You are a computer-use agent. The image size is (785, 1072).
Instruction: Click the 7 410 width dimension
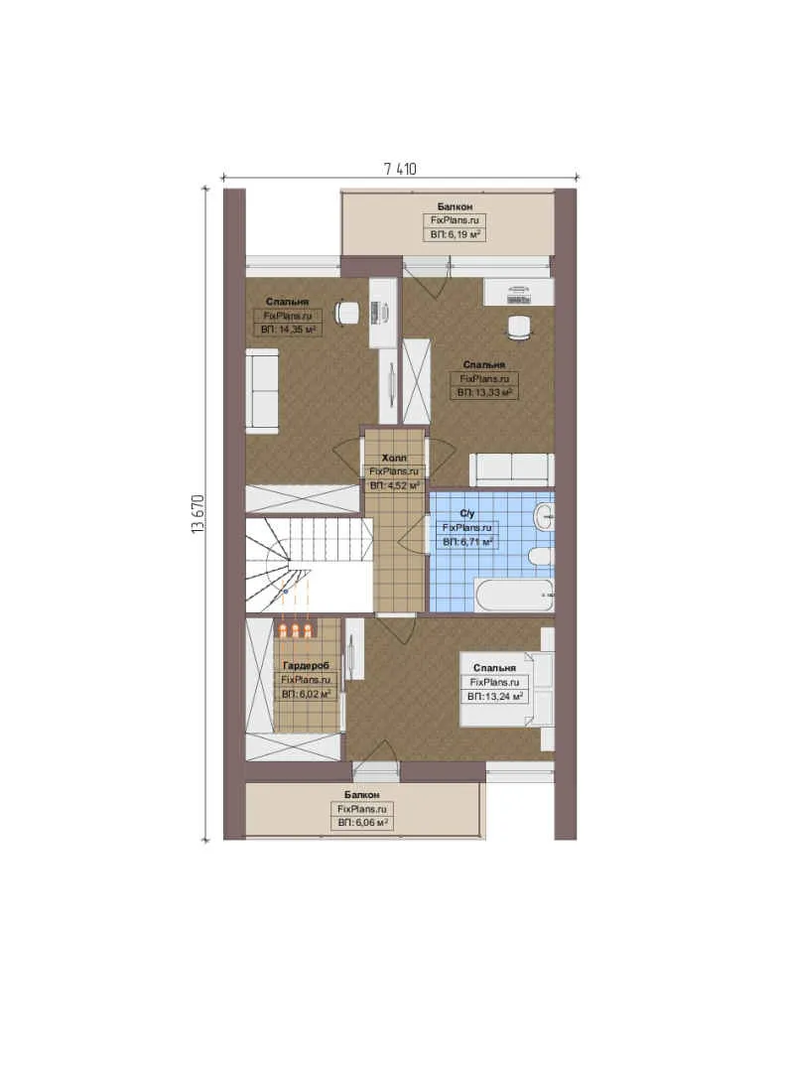point(400,169)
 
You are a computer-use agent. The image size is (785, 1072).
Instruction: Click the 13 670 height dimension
point(198,513)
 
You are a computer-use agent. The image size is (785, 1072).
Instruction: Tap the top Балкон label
point(455,205)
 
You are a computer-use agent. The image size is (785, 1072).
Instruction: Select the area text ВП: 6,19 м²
point(455,234)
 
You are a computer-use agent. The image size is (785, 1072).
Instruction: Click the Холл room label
point(394,458)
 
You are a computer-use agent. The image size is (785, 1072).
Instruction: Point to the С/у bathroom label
point(467,513)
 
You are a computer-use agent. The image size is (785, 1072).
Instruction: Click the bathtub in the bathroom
point(514,595)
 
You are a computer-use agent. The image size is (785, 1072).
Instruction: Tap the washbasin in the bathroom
point(545,516)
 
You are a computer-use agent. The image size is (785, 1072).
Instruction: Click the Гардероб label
point(306,665)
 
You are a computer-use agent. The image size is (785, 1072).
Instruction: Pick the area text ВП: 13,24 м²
point(495,697)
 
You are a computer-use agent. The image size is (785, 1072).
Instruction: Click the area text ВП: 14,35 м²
point(288,330)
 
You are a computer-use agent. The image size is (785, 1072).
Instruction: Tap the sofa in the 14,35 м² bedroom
point(262,390)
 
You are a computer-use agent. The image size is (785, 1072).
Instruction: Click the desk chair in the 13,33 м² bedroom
point(520,327)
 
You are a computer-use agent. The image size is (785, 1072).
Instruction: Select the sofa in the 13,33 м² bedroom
point(511,469)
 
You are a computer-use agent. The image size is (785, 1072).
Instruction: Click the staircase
point(309,564)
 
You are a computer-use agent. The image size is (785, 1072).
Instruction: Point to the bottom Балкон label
point(361,795)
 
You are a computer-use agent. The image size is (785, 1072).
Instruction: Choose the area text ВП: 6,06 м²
point(362,823)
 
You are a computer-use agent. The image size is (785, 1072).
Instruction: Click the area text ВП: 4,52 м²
point(394,486)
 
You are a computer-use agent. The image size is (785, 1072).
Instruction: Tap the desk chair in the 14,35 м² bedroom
point(346,313)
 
